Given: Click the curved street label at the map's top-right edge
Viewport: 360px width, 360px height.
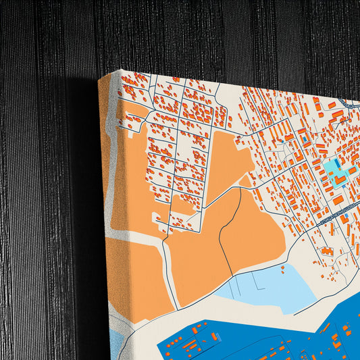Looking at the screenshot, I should tap(351, 105).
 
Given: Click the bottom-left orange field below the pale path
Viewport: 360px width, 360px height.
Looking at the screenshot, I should tap(135, 277).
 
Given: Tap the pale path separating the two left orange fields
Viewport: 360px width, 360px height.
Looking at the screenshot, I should tap(135, 234).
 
